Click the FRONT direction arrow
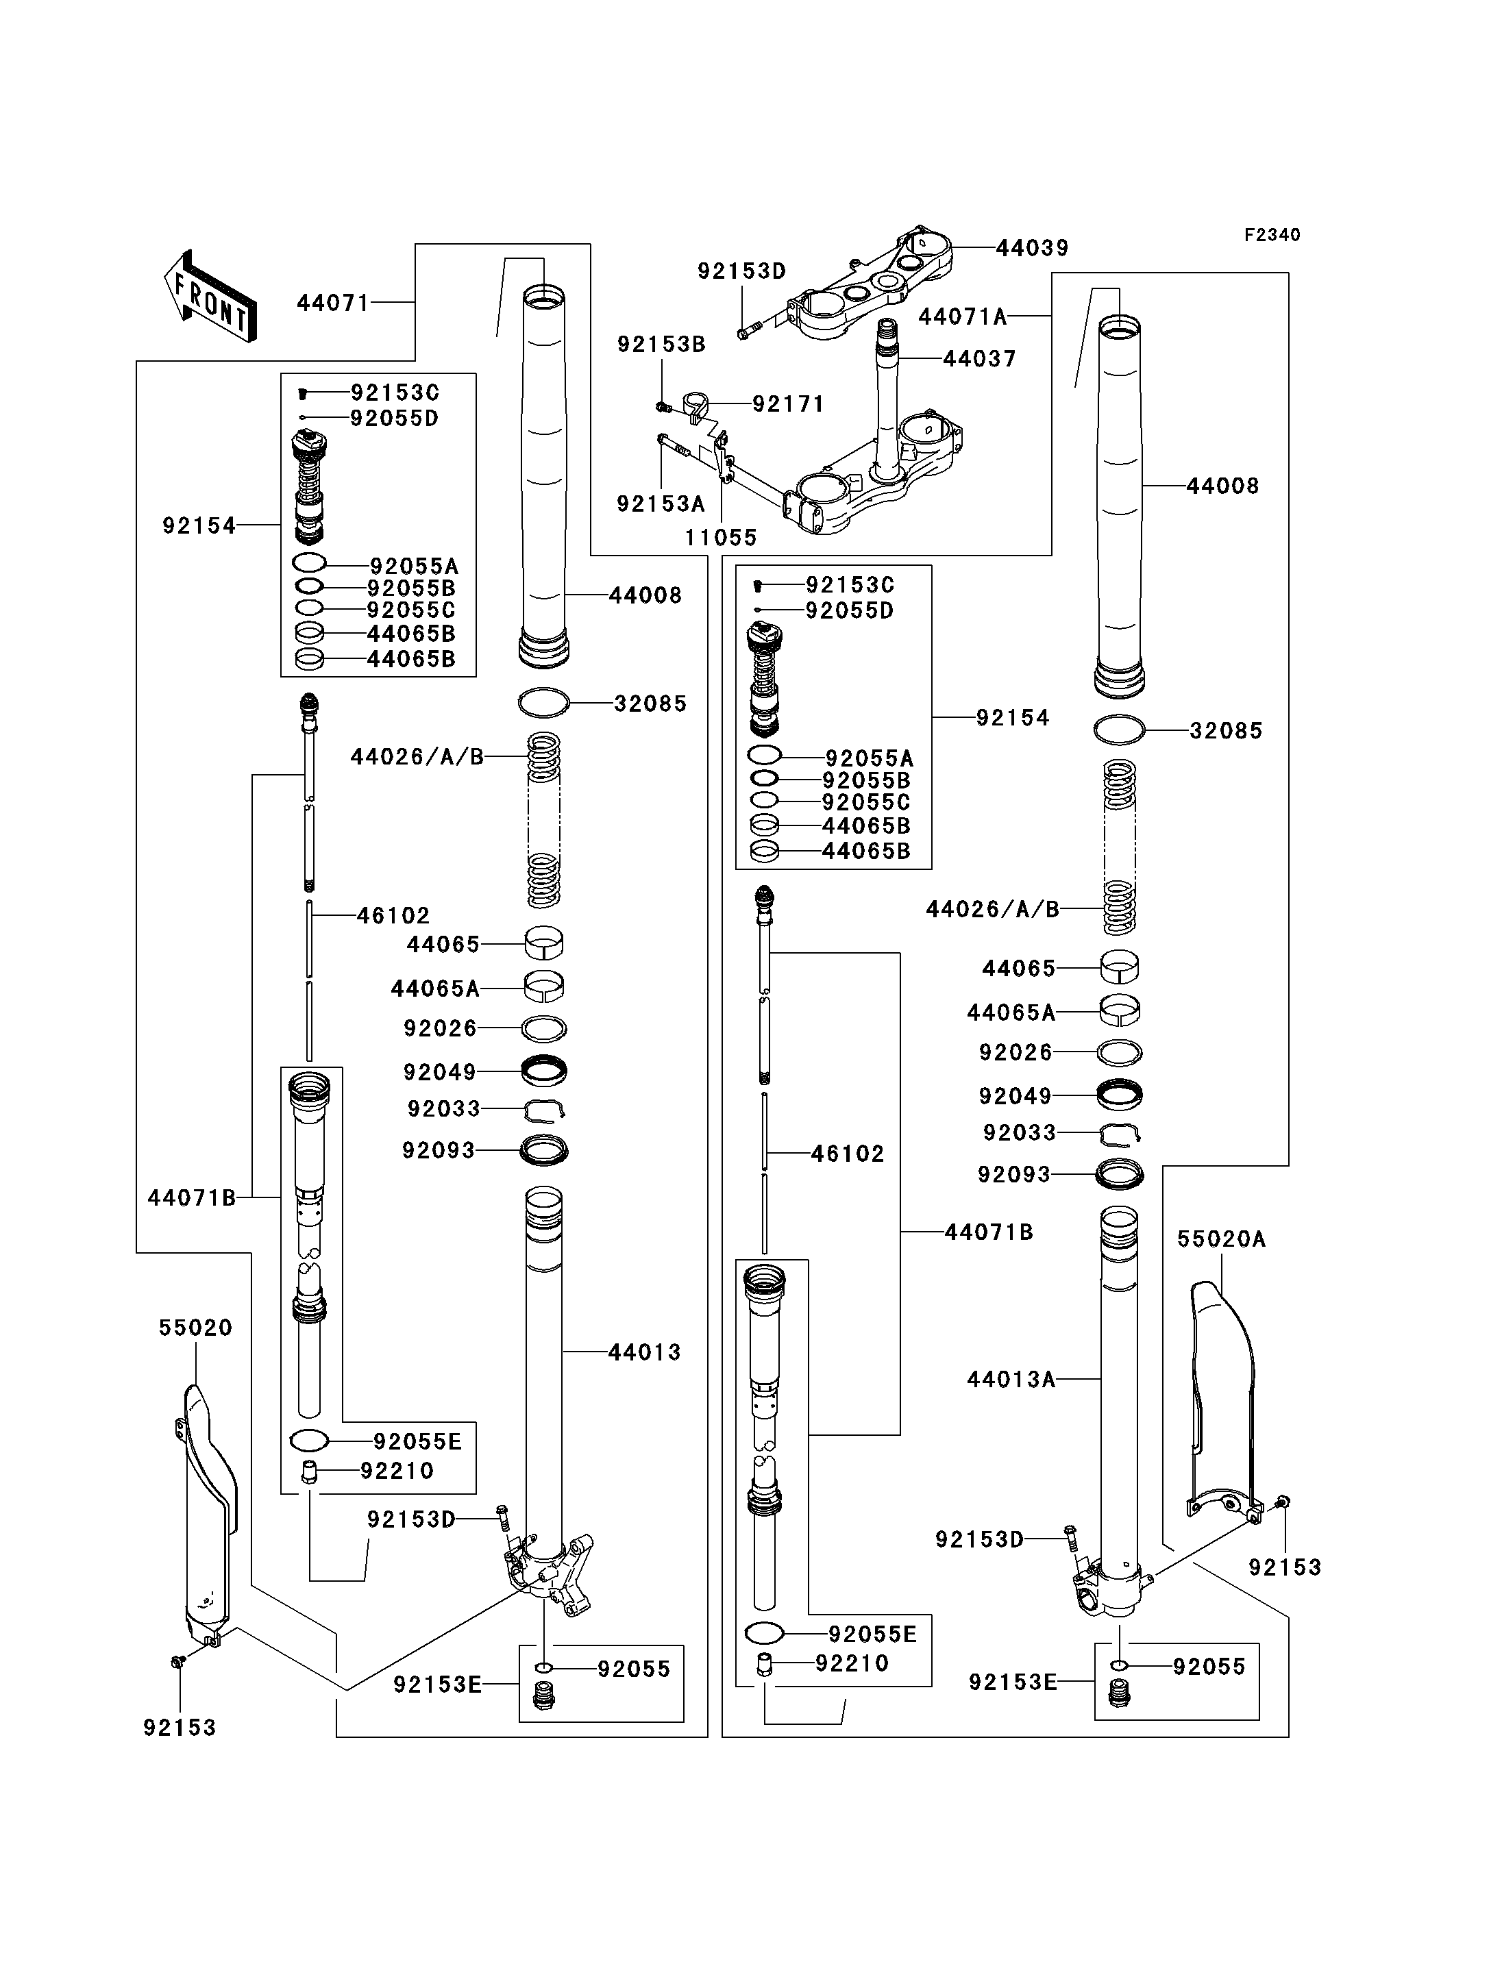click(x=210, y=296)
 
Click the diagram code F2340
click(x=1272, y=235)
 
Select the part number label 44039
click(x=1033, y=249)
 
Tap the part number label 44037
click(x=980, y=360)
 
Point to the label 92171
click(x=789, y=405)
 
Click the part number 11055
click(x=722, y=538)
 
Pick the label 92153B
click(x=662, y=345)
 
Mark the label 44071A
click(x=963, y=316)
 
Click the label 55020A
click(x=1221, y=1239)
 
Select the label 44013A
click(x=1011, y=1380)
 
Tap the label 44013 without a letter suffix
click(x=645, y=1352)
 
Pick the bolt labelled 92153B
click(x=663, y=408)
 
